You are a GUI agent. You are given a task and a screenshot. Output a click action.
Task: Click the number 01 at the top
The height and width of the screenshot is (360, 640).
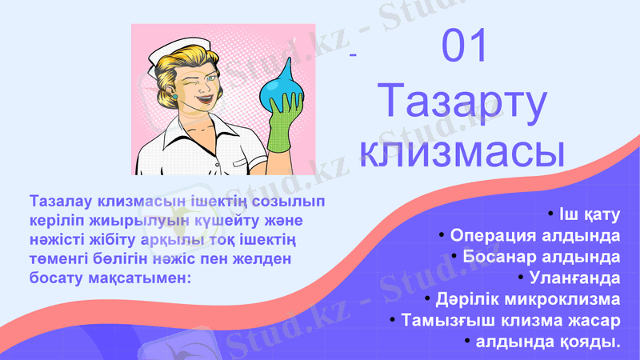point(465,46)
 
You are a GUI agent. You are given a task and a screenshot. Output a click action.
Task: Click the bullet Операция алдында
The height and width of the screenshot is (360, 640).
point(534,236)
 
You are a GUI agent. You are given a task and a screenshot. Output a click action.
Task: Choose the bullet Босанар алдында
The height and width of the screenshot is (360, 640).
point(540,257)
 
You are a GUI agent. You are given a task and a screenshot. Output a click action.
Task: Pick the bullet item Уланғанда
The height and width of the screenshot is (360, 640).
point(573,278)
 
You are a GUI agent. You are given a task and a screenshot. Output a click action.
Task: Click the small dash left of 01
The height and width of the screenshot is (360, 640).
point(353,55)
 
